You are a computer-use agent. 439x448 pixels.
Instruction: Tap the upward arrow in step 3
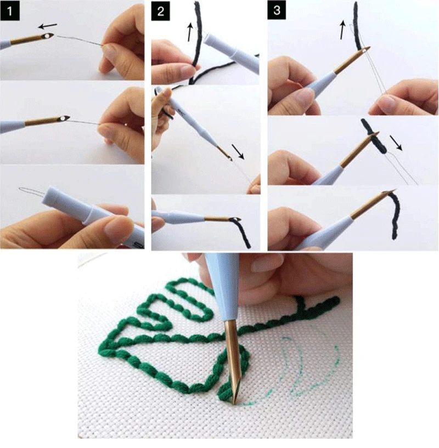point(343,30)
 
